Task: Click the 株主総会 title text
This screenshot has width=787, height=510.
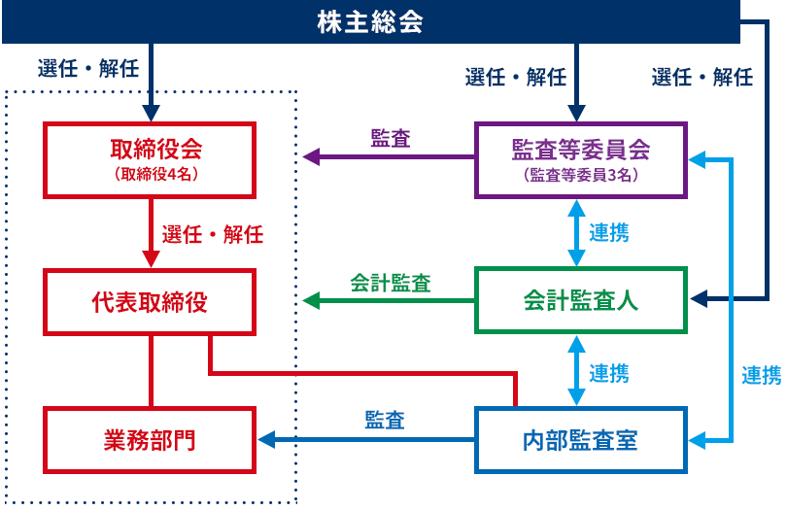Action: coord(370,22)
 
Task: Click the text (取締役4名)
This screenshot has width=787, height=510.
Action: coord(156,174)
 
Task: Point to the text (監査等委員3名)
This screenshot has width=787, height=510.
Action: coord(581,175)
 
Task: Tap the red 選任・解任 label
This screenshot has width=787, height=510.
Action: coord(213,234)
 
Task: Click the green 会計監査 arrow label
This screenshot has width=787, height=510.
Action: coord(391,283)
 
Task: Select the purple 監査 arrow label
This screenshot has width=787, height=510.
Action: coord(391,139)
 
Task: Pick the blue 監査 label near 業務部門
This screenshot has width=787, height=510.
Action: coord(385,421)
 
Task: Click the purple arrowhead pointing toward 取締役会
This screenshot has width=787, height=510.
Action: coord(311,157)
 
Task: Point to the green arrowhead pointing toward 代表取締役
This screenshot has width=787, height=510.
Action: coord(311,301)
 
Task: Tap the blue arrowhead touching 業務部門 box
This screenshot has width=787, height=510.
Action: coord(266,440)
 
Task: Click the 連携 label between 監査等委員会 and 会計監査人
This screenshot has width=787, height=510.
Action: coord(609,233)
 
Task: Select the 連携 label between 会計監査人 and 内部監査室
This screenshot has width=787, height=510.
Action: coord(609,373)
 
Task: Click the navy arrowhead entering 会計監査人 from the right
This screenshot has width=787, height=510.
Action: coord(700,298)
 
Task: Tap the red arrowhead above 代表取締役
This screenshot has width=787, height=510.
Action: coord(151,259)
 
